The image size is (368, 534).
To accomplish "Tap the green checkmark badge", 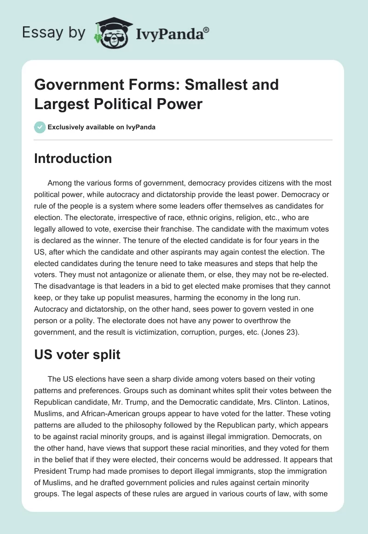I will click(40, 127).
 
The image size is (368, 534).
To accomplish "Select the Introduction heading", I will click(73, 158).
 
